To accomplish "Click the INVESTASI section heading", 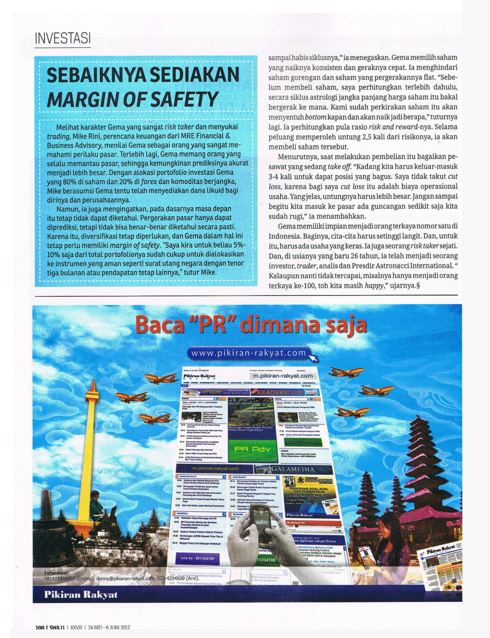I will [62, 39].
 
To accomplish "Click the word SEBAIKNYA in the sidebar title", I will [96, 75].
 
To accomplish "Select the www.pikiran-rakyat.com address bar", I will [249, 353].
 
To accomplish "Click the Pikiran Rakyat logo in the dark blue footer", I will [80, 594].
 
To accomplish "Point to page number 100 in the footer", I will [40, 627].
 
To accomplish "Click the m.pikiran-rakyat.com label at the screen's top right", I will [283, 376].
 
